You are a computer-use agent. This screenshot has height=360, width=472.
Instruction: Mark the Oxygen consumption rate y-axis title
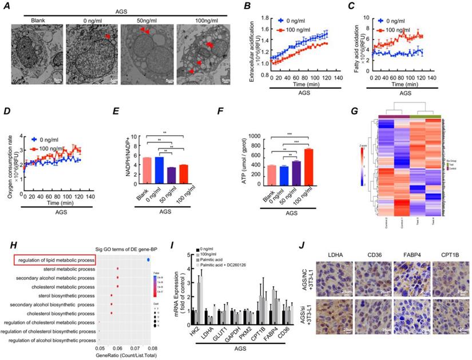pos(11,166)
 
